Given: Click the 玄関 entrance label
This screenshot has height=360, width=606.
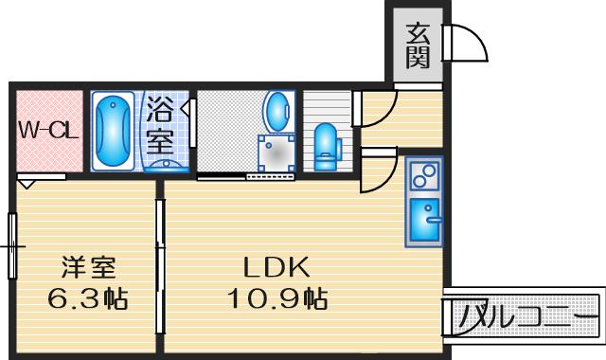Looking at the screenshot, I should (x=419, y=45).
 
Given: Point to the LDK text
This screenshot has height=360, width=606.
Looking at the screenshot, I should (x=273, y=266).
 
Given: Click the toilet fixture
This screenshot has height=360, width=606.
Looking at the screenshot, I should (x=327, y=143).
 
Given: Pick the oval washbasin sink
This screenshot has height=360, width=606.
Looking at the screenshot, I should (x=277, y=111).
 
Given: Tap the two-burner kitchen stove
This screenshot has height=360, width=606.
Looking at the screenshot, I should (x=423, y=176).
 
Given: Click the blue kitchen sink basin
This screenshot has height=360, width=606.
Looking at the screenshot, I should (x=425, y=221).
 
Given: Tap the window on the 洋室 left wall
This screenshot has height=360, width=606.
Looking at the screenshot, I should (x=13, y=245).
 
